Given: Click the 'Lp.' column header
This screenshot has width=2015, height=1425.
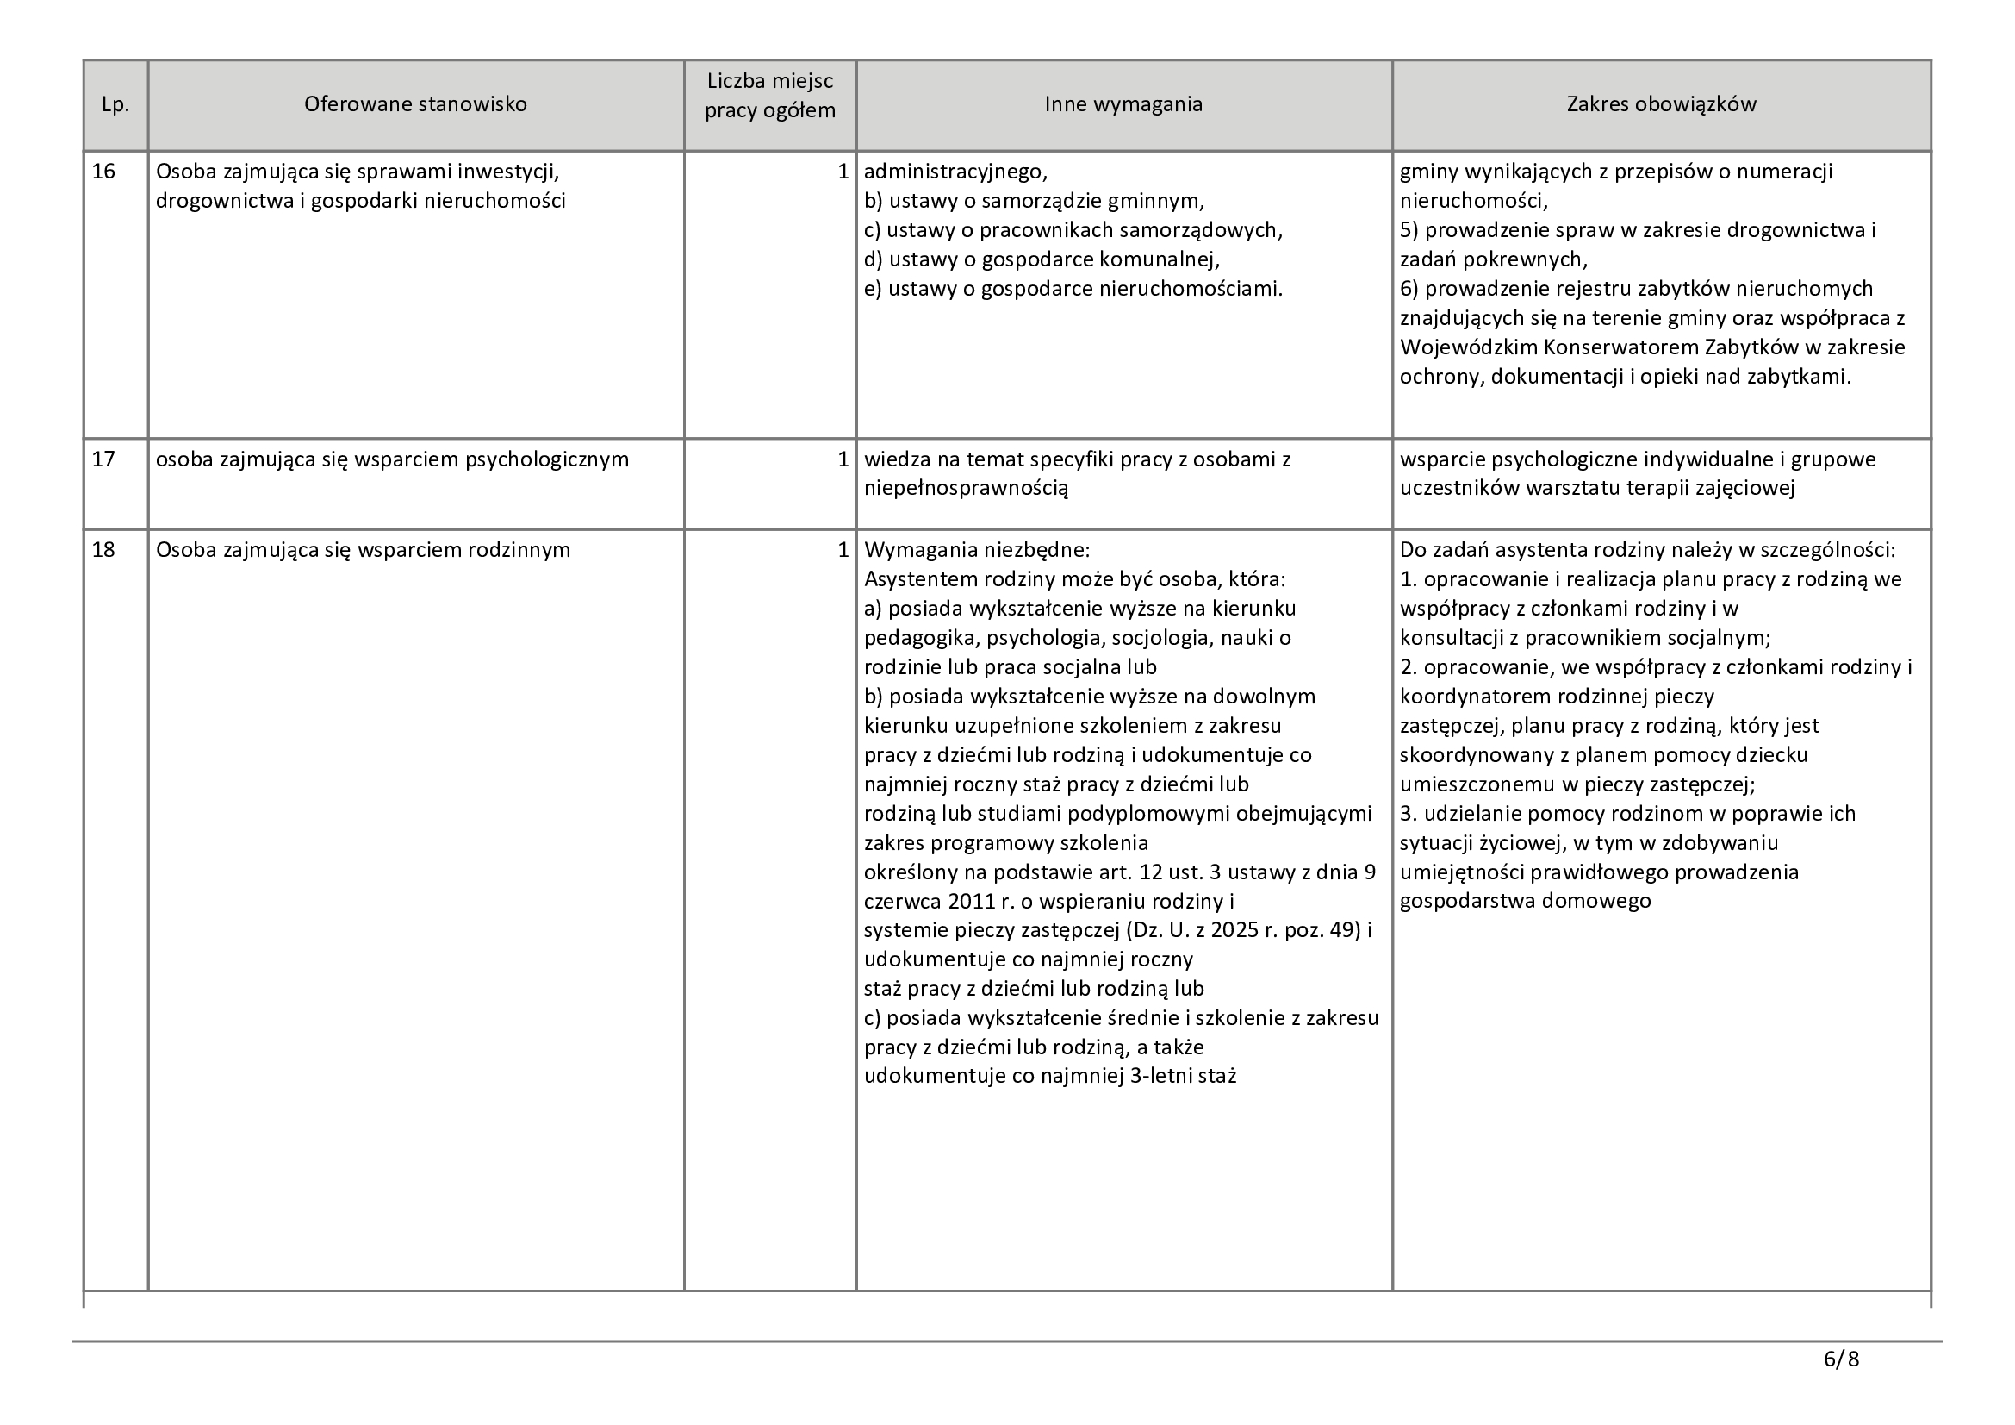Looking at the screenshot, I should point(115,104).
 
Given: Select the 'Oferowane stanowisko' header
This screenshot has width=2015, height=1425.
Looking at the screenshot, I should point(415,104).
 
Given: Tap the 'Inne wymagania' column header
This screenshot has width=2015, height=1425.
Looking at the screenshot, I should point(1123,104).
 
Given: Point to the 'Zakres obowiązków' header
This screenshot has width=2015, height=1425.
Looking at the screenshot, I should point(1661,104).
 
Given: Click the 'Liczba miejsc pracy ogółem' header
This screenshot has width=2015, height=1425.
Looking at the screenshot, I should point(769,97).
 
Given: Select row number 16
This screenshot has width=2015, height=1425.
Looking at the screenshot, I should point(103,172).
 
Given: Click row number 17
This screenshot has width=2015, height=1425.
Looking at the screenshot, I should point(103,459).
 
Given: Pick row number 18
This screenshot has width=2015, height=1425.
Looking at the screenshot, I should point(103,551).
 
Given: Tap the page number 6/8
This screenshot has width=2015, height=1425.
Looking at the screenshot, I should point(1841,1360).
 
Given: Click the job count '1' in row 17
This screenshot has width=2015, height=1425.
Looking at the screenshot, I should point(843,459).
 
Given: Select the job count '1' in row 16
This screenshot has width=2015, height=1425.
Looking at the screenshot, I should point(843,172).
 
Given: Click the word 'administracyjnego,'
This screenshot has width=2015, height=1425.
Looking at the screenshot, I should point(955,172).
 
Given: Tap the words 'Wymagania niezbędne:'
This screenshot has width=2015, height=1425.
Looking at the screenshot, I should point(977,551).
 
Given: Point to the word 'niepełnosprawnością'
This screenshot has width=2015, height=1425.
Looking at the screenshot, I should point(967,489).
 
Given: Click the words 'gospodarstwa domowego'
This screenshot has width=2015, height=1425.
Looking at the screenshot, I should point(1526,901).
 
